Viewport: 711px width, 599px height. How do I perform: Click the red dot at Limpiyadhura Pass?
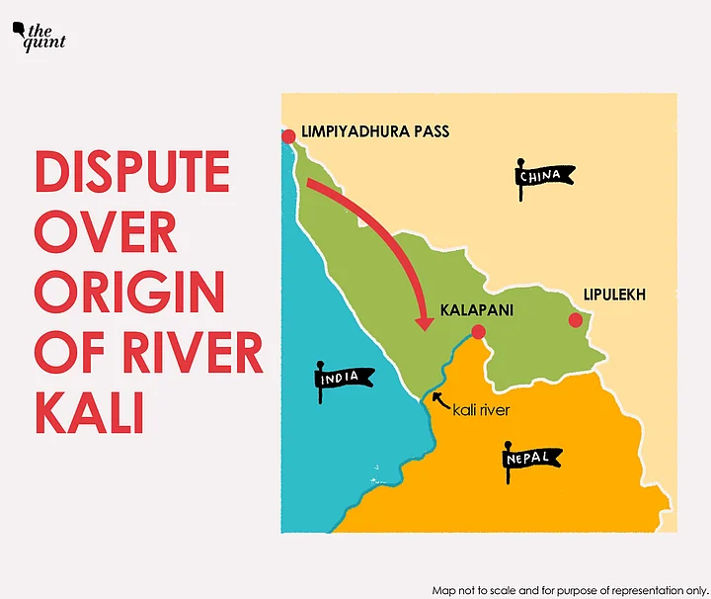pos(288,136)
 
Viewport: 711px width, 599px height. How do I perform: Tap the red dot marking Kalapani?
pos(478,332)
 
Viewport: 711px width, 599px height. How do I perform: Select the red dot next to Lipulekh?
pos(573,319)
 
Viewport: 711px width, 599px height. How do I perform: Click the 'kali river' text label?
pos(481,409)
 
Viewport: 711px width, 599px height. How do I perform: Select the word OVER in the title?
pos(106,233)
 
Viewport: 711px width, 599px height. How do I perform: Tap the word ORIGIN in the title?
pos(129,294)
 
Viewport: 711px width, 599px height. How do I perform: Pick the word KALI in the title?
pos(90,414)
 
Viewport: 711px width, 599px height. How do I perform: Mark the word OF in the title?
pos(68,354)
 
